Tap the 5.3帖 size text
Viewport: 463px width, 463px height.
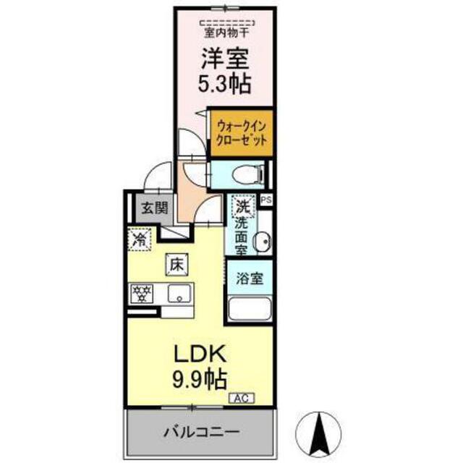pyautogui.click(x=224, y=84)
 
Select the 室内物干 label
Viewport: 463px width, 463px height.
pyautogui.click(x=226, y=33)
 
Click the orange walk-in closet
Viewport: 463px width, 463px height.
pyautogui.click(x=241, y=133)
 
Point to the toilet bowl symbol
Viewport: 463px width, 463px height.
pyautogui.click(x=248, y=175)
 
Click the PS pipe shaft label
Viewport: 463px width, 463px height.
pyautogui.click(x=266, y=200)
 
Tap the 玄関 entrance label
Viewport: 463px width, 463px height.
pyautogui.click(x=154, y=208)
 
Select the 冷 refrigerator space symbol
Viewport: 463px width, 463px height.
pyautogui.click(x=140, y=239)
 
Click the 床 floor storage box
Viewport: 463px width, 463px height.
pyautogui.click(x=177, y=265)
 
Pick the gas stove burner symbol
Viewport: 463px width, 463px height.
pyautogui.click(x=142, y=294)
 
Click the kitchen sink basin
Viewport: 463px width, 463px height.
pyautogui.click(x=179, y=293)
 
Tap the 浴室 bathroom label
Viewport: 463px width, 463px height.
pyautogui.click(x=250, y=278)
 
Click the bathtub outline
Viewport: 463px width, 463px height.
pyautogui.click(x=250, y=309)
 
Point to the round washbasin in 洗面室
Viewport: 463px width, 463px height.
pyautogui.click(x=263, y=241)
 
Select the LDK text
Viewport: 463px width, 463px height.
pyautogui.click(x=200, y=354)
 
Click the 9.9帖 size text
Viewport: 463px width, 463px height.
pyautogui.click(x=200, y=379)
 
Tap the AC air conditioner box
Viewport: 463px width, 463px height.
pyautogui.click(x=242, y=399)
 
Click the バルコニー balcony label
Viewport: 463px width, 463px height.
pyautogui.click(x=201, y=433)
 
